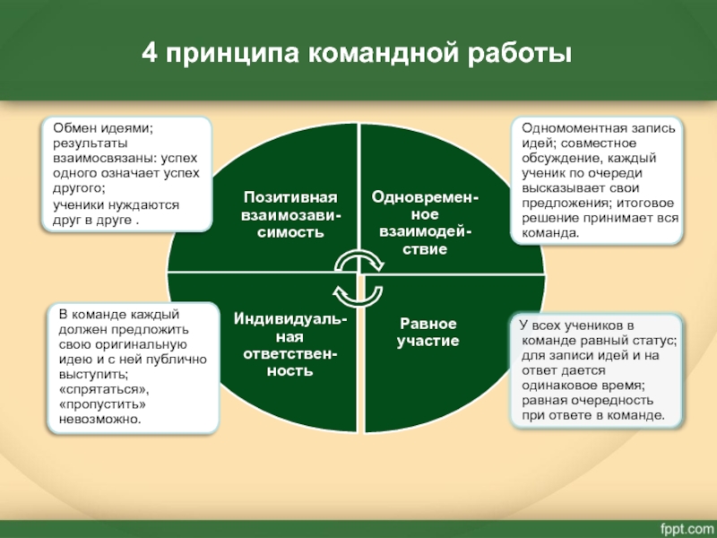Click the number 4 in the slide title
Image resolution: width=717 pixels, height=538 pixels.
pos(151,54)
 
